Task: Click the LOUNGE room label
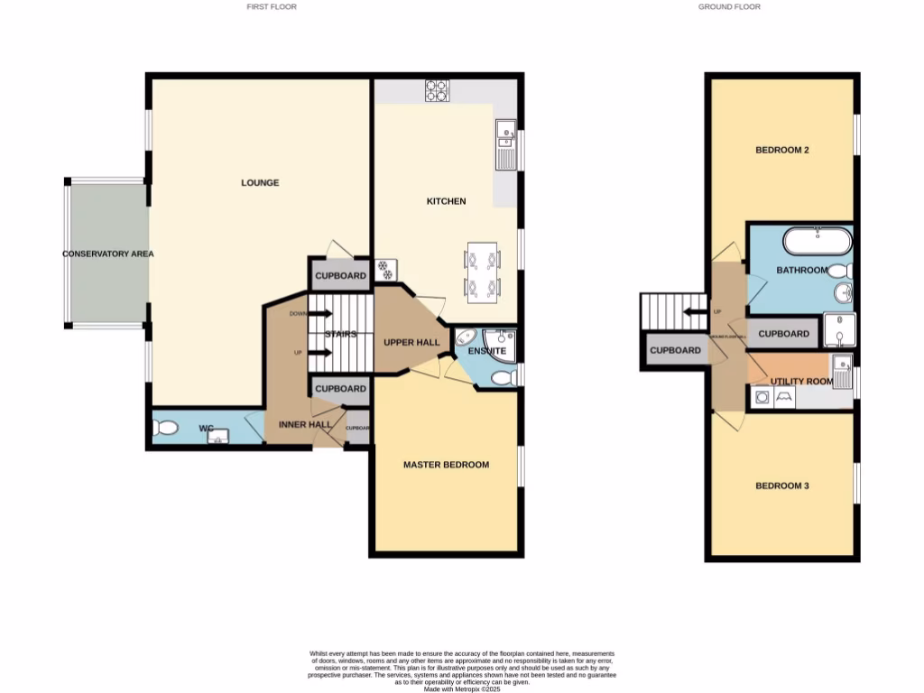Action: (260, 183)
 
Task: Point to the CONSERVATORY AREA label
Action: (107, 254)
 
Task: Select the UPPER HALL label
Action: (411, 343)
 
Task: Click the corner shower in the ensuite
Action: (502, 344)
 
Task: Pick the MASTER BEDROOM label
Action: (446, 465)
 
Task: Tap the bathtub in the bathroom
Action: (817, 241)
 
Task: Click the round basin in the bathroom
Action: (843, 292)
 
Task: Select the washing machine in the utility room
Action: (761, 397)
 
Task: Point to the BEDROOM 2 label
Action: (781, 150)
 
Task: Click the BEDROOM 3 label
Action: (781, 485)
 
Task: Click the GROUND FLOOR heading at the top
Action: (729, 6)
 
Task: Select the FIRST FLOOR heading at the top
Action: (272, 6)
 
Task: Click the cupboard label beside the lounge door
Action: (340, 276)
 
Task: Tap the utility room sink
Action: (842, 370)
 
